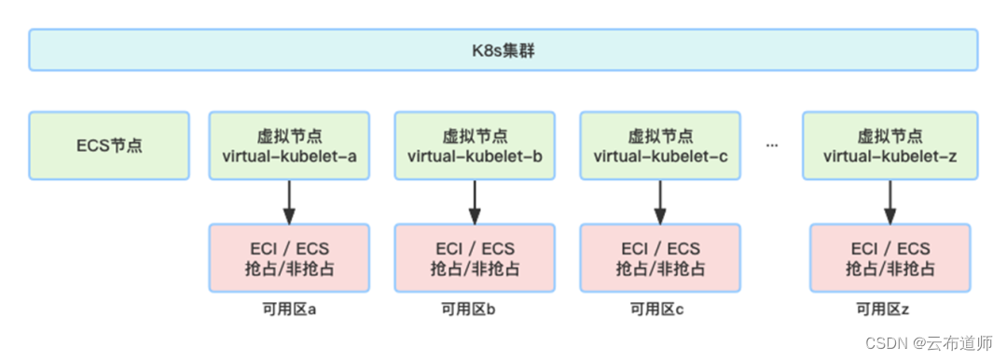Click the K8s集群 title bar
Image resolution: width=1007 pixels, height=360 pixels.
tap(504, 49)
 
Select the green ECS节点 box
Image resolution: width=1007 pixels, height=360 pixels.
tap(109, 146)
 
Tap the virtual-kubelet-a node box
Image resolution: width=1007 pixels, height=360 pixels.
tap(289, 146)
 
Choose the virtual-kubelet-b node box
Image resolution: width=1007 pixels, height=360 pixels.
tap(475, 146)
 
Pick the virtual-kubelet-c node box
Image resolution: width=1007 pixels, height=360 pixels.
tap(660, 146)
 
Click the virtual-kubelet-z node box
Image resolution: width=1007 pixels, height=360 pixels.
tap(890, 146)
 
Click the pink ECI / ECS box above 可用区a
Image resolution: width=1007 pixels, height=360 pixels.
tap(289, 258)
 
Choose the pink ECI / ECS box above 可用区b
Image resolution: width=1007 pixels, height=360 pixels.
tap(475, 258)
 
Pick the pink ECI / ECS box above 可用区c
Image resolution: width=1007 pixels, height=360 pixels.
tap(660, 258)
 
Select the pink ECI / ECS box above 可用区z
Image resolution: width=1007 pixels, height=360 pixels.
tap(890, 258)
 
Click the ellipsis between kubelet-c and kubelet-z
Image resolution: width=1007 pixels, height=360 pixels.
tap(772, 146)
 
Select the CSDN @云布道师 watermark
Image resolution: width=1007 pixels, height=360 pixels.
tap(929, 343)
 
